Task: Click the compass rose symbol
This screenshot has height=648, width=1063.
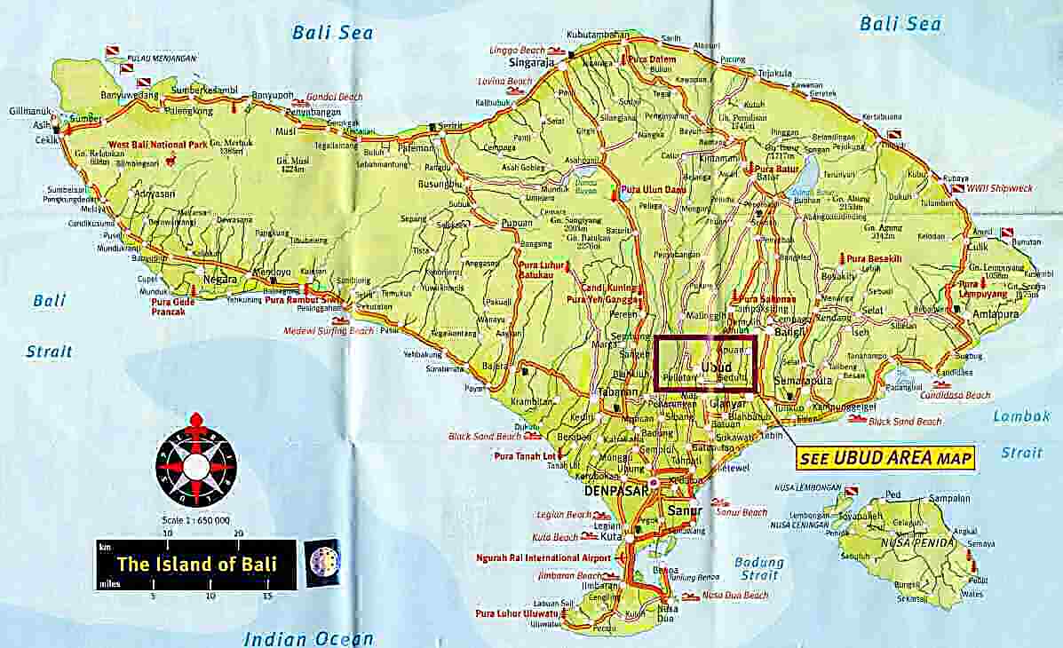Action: click(196, 466)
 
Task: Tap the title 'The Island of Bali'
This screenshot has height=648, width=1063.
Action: click(196, 564)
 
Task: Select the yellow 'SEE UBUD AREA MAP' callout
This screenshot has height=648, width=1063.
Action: click(884, 458)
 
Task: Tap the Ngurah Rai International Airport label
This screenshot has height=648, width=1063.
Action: click(543, 557)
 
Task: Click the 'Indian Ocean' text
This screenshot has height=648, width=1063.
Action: click(308, 638)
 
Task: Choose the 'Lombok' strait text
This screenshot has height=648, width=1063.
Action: click(1021, 415)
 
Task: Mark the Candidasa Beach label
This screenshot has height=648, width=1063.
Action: click(956, 395)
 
